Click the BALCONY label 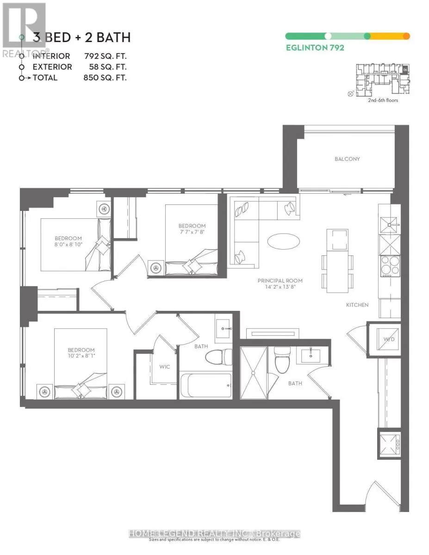coord(347,159)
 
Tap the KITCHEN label coord(357,305)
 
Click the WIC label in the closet coord(164,367)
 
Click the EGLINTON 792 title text coord(315,48)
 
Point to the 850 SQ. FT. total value coord(105,78)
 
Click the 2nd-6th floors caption coord(382,100)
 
